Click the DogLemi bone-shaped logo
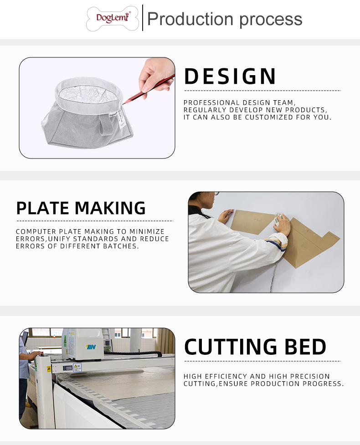click(x=113, y=19)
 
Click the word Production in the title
click(x=190, y=19)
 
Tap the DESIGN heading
click(x=230, y=77)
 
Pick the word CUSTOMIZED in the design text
click(x=268, y=117)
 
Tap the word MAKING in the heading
click(x=110, y=208)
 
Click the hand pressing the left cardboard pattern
click(x=226, y=216)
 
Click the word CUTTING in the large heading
click(x=231, y=347)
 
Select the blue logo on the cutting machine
click(x=91, y=347)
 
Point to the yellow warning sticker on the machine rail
click(x=49, y=369)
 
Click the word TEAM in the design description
click(x=284, y=103)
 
